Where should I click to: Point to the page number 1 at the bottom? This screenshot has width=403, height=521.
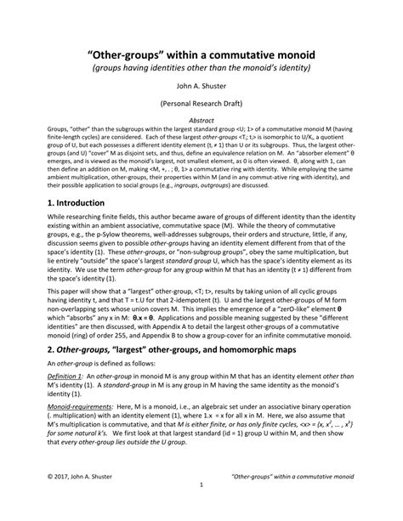point(201,509)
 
